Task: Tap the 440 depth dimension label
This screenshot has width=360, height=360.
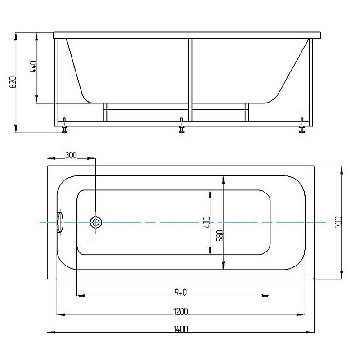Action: click(33, 67)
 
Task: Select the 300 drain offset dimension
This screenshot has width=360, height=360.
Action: click(71, 155)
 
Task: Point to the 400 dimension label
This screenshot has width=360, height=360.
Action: click(207, 222)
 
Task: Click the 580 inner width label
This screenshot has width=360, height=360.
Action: click(220, 236)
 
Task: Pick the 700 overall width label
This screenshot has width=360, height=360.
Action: click(339, 222)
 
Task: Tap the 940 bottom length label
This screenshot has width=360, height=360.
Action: click(181, 292)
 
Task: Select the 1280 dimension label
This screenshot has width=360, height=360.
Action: click(181, 311)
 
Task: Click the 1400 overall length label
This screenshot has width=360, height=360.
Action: click(181, 329)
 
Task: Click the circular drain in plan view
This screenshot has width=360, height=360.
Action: click(96, 222)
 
